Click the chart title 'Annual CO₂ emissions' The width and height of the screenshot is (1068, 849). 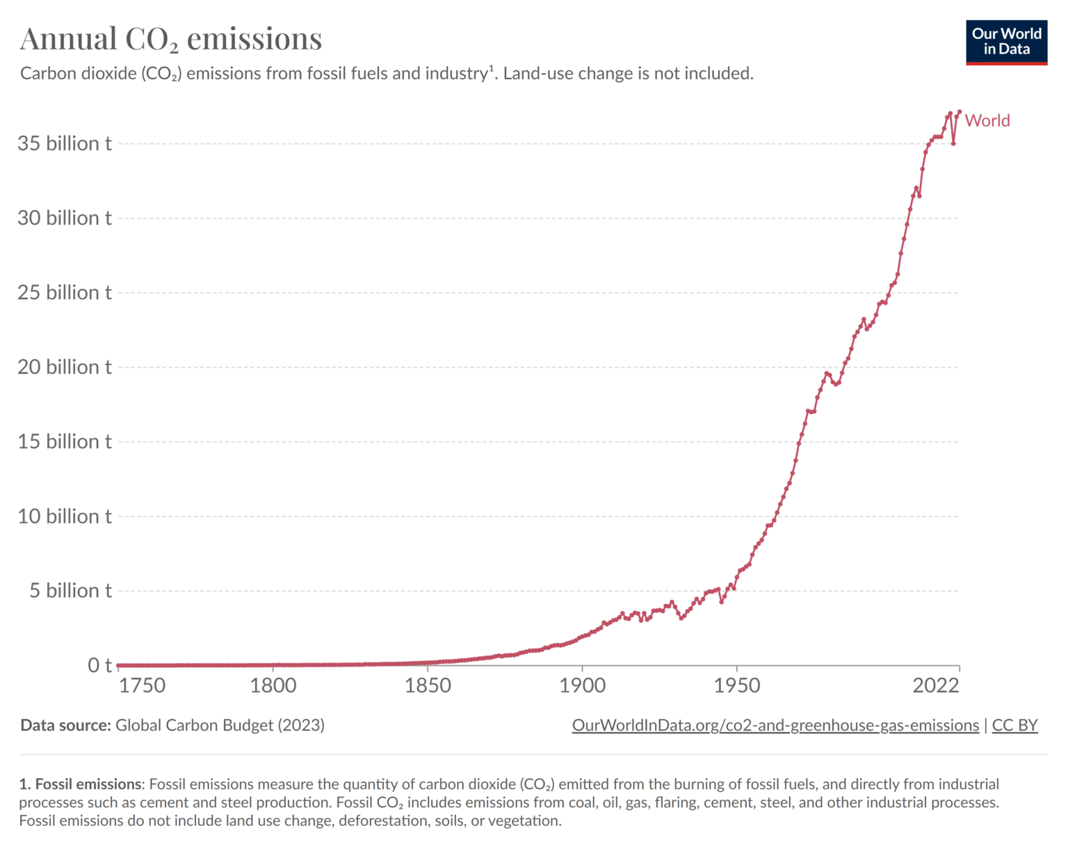tap(171, 39)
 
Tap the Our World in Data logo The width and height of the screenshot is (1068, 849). tap(1006, 42)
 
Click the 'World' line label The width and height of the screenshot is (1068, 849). tap(987, 120)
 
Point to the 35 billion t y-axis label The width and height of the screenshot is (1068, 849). tap(65, 143)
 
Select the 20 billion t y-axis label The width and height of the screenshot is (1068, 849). tap(65, 367)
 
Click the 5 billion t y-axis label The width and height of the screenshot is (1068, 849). tap(70, 591)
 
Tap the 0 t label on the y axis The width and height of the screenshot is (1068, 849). tap(99, 665)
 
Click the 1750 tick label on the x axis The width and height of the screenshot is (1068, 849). tap(142, 685)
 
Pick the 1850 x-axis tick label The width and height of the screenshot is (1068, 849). tap(428, 685)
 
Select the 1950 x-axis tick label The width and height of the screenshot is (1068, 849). tap(737, 685)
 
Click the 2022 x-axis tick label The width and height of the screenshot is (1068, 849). tap(936, 685)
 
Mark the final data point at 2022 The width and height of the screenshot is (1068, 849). tap(960, 111)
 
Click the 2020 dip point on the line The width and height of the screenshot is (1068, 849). tap(953, 143)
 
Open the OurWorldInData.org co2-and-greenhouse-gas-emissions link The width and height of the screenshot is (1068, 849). tap(775, 725)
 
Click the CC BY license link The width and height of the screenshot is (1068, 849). tap(1014, 725)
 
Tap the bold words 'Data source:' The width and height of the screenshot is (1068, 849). tap(65, 725)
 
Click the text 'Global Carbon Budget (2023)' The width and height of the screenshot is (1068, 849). tap(220, 725)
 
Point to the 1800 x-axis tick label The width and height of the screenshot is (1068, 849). tap(273, 685)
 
